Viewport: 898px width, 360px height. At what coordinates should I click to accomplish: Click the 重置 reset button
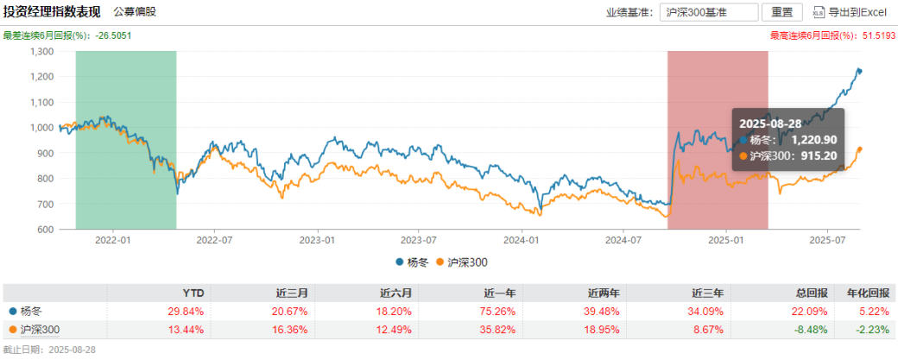point(781,12)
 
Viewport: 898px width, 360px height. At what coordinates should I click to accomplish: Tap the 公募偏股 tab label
point(136,12)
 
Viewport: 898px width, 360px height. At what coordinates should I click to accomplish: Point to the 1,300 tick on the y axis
point(41,51)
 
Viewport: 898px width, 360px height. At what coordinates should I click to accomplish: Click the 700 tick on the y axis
point(46,205)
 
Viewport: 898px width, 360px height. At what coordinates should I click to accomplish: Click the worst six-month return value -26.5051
point(113,35)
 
